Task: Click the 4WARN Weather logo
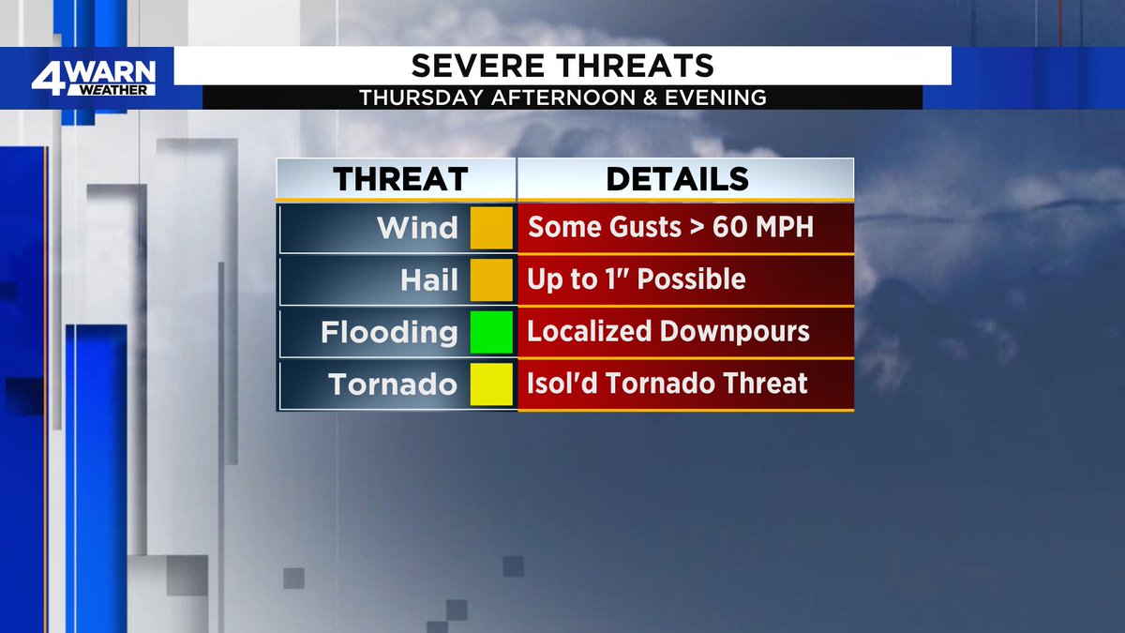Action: point(93,78)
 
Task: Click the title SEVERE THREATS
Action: point(562,66)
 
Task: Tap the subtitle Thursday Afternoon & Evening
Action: point(562,98)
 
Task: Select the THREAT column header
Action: point(400,179)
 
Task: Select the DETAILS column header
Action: point(677,179)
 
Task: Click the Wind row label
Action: point(417,228)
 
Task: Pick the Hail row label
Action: point(429,279)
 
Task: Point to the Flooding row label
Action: point(389,332)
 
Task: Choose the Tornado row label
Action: point(393,384)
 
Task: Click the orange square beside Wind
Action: point(491,228)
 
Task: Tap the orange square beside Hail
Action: point(491,279)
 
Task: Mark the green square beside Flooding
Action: point(491,332)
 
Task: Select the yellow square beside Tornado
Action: point(491,384)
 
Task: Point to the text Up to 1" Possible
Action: point(637,279)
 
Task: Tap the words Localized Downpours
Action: point(668,332)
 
